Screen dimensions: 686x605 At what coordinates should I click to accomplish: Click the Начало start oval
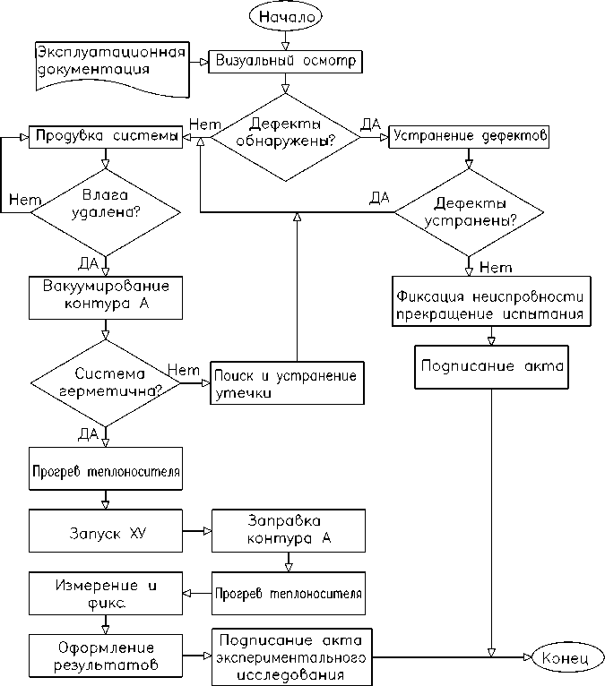tap(284, 17)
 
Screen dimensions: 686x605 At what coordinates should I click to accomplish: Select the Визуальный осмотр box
tap(285, 62)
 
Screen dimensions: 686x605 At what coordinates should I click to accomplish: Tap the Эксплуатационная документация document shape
tap(110, 66)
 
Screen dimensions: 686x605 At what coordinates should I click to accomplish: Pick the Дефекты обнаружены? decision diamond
tap(286, 136)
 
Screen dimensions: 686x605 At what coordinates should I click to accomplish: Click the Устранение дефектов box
tap(468, 137)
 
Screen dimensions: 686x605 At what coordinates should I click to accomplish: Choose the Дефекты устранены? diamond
tap(469, 211)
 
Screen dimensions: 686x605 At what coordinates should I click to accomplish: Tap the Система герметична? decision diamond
tap(106, 382)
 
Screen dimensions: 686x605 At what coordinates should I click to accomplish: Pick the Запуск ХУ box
tap(106, 532)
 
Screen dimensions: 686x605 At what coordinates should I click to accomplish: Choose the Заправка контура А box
tap(288, 530)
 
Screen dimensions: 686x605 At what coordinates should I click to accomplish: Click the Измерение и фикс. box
tap(106, 594)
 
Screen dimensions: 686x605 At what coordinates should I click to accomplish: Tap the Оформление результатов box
tap(106, 657)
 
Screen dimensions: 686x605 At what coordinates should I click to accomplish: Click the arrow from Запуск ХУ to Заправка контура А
tap(197, 532)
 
